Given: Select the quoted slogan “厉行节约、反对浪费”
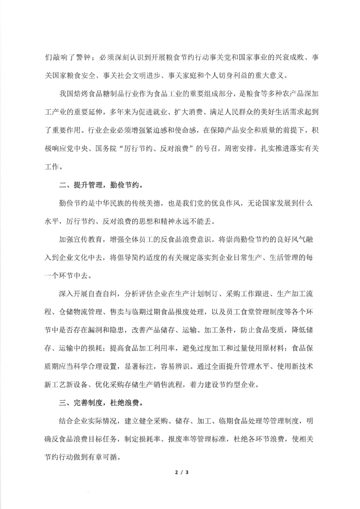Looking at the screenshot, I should [x=157, y=148].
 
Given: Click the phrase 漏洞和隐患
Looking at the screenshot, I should [x=106, y=330].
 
